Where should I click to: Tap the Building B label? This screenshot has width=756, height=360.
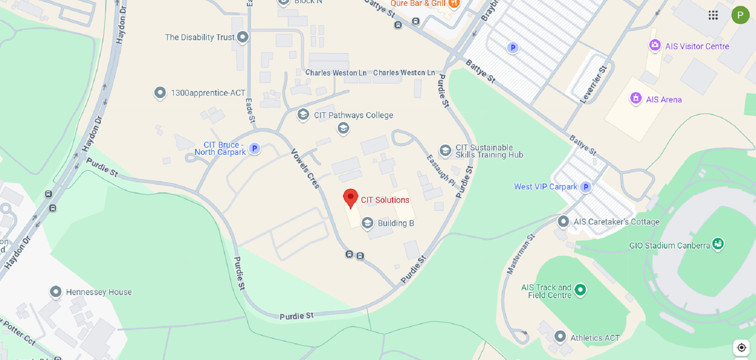pyautogui.click(x=396, y=223)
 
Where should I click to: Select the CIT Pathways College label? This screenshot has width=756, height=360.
pyautogui.click(x=353, y=115)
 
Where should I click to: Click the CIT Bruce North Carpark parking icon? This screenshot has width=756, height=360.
pyautogui.click(x=255, y=148)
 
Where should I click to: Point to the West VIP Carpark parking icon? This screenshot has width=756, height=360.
pyautogui.click(x=586, y=187)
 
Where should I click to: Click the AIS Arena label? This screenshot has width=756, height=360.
pyautogui.click(x=663, y=100)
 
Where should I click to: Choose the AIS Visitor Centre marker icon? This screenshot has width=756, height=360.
pyautogui.click(x=655, y=45)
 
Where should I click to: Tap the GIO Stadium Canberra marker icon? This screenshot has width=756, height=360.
pyautogui.click(x=718, y=244)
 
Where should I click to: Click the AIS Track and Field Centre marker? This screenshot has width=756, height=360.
pyautogui.click(x=580, y=290)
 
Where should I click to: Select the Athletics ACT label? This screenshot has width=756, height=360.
pyautogui.click(x=595, y=338)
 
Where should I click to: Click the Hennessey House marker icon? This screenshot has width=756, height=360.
pyautogui.click(x=56, y=292)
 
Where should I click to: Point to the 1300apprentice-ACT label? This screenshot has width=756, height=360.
pyautogui.click(x=208, y=93)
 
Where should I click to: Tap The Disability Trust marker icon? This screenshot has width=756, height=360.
pyautogui.click(x=243, y=37)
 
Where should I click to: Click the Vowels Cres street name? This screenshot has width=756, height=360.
pyautogui.click(x=305, y=169)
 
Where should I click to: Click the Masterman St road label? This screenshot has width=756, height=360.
pyautogui.click(x=521, y=254)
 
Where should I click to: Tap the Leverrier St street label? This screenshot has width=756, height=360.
pyautogui.click(x=593, y=85)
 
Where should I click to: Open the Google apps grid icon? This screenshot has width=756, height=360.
pyautogui.click(x=713, y=15)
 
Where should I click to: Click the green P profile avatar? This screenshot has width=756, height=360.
pyautogui.click(x=740, y=15)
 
